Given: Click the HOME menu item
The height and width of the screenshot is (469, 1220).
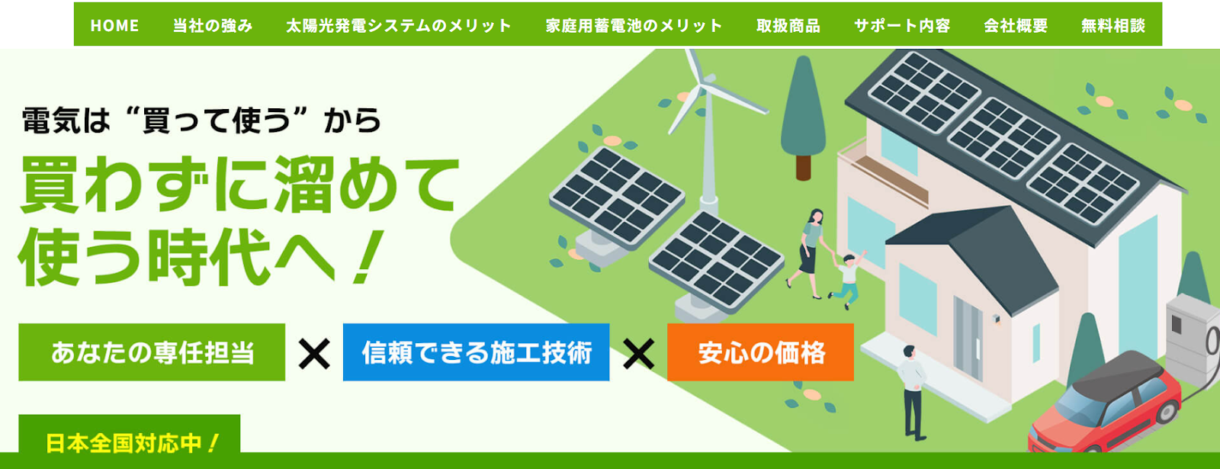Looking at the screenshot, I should (114, 26).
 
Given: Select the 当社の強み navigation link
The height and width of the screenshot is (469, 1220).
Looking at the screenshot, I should (212, 26).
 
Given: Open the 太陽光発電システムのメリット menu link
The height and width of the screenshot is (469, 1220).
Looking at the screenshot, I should (398, 26).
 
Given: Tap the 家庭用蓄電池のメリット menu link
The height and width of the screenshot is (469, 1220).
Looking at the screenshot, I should (634, 26).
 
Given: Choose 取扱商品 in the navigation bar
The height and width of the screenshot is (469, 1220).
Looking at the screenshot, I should (788, 26).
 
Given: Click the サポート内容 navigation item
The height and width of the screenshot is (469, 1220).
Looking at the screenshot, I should (901, 26).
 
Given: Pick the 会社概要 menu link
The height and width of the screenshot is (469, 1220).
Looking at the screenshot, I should (1015, 26).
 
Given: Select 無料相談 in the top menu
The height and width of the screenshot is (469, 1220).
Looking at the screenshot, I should (1112, 26).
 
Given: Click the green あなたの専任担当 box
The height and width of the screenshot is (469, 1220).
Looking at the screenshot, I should (152, 352).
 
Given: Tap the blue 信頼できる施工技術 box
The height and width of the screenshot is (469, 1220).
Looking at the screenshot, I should (476, 352).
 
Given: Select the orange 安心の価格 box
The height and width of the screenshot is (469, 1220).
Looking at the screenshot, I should (760, 352).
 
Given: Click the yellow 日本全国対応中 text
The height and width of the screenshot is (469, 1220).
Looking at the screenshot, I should (131, 443).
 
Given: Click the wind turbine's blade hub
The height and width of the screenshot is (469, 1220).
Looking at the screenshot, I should (707, 80).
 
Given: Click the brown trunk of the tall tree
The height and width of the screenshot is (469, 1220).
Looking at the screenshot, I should (803, 166).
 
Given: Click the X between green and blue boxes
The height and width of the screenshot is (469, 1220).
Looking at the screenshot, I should (314, 353).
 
